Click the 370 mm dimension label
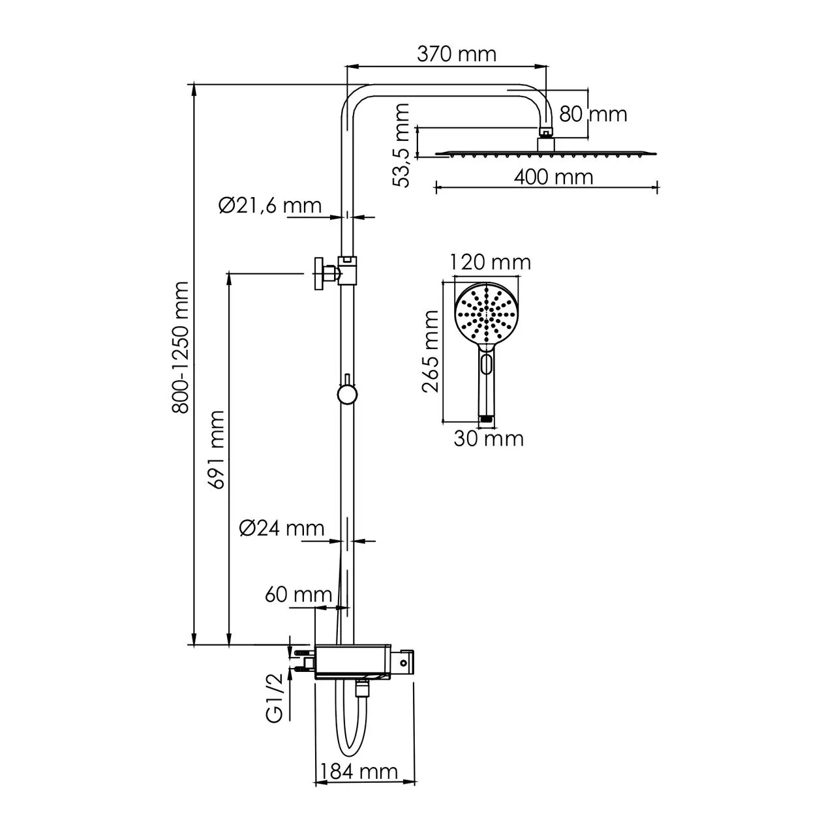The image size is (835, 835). pos(456,53)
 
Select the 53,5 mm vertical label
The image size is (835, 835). pos(403,145)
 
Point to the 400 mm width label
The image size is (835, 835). pos(553,177)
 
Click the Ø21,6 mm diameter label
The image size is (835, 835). pos(270,205)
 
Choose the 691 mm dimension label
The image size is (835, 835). pos(217,449)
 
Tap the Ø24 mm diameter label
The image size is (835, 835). pos(281,528)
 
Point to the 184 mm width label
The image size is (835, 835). pos(357,772)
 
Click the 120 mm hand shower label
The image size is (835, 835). pos(491,262)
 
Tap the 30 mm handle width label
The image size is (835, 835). pos(489,438)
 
